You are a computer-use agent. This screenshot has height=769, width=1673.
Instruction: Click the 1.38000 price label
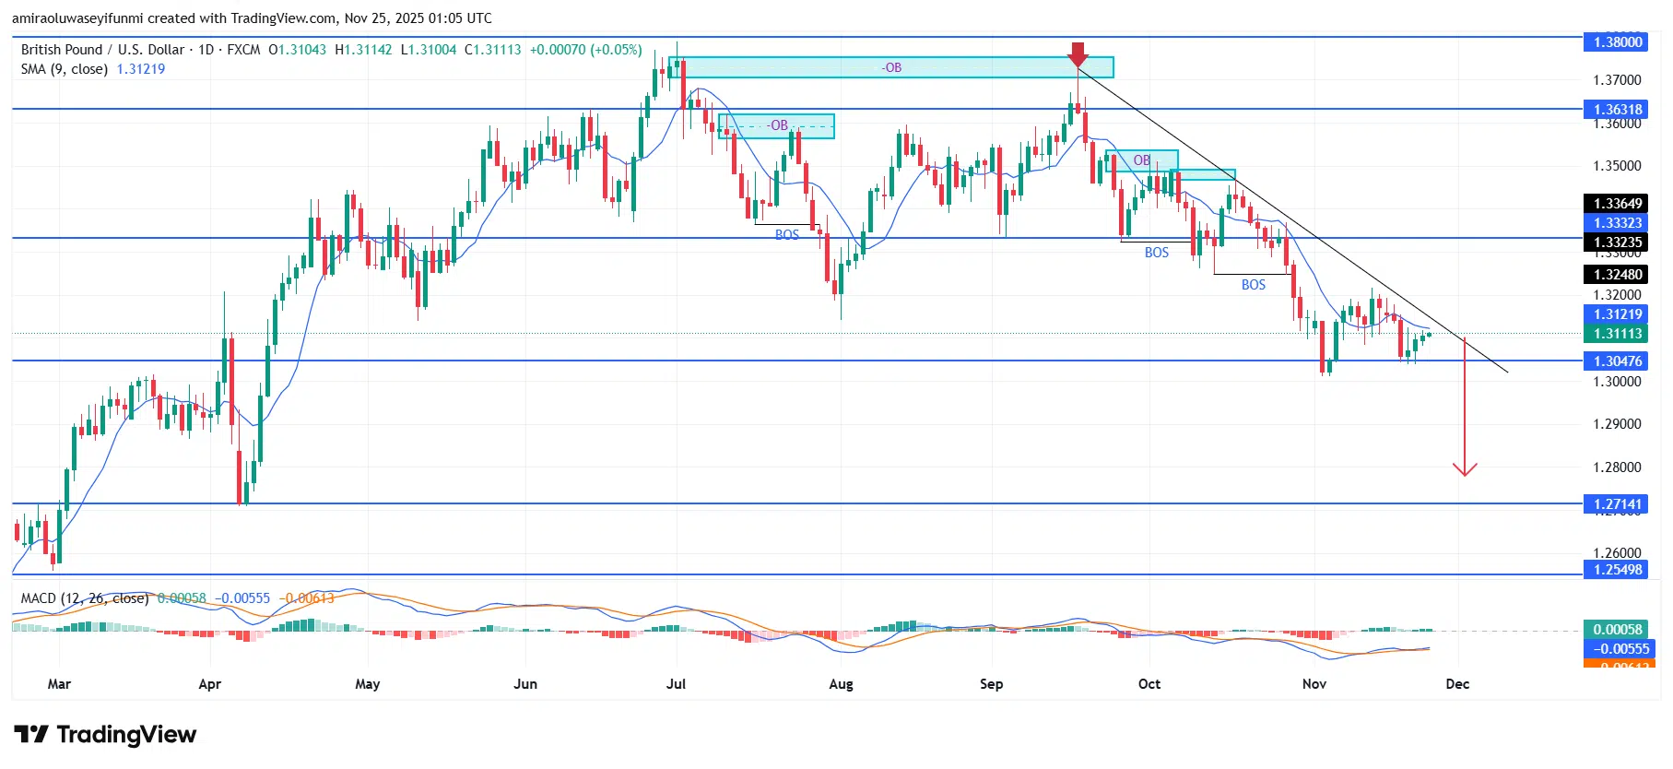(x=1618, y=41)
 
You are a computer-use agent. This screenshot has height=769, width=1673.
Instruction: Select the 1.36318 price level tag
(x=1618, y=109)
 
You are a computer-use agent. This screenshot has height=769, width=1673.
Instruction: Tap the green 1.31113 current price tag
(x=1618, y=334)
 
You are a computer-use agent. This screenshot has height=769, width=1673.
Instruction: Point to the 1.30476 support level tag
(x=1618, y=361)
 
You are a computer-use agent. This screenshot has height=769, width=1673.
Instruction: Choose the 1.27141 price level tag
(x=1618, y=504)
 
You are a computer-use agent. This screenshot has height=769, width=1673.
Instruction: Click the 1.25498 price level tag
(x=1618, y=569)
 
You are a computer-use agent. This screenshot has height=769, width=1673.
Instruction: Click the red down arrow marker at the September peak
(x=1078, y=53)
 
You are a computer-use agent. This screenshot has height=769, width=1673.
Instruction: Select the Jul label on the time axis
(x=676, y=684)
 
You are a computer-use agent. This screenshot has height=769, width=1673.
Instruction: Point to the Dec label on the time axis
(x=1457, y=684)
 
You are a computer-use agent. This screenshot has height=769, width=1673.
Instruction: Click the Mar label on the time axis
(x=59, y=684)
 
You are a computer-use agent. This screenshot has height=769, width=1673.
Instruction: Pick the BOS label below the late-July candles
(x=787, y=235)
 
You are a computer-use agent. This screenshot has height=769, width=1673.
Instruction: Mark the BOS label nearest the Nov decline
(x=1254, y=285)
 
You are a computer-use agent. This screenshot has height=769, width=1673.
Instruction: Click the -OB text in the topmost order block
(x=891, y=67)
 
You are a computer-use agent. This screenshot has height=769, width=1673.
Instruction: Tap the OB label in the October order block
(x=1141, y=160)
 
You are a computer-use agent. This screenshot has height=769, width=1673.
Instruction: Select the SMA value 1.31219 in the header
(x=141, y=69)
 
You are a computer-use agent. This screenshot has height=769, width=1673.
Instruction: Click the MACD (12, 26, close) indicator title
(x=85, y=598)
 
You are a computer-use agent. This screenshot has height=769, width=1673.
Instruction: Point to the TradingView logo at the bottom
(x=106, y=735)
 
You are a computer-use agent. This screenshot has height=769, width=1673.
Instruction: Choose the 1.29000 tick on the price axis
(x=1617, y=424)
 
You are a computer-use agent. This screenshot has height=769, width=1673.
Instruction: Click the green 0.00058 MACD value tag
(x=1618, y=630)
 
